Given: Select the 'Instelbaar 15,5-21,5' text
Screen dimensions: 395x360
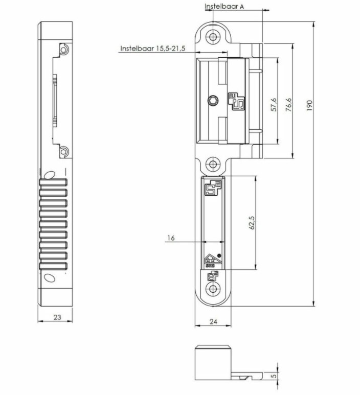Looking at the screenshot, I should click(152, 49).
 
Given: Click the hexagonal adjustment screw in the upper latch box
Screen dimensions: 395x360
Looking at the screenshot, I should click(212, 100).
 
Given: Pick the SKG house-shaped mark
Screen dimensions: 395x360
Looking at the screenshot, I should click(210, 261).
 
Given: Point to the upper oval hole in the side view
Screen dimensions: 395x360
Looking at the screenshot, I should click(48, 175).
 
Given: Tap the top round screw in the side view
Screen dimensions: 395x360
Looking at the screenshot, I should click(63, 50).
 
